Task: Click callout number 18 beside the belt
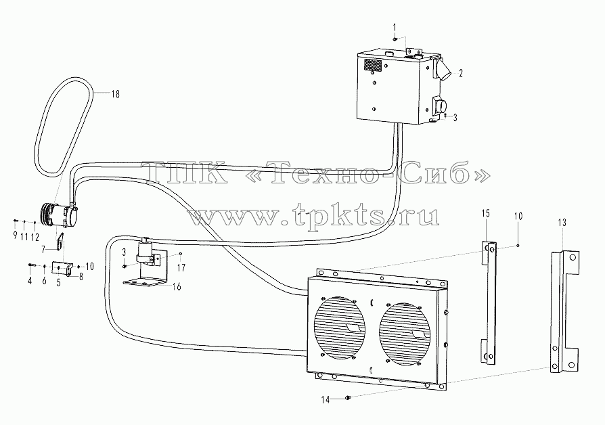(115, 94)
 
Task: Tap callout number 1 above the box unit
(395, 27)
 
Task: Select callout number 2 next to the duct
(461, 73)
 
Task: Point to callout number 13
(562, 223)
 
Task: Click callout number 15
(486, 213)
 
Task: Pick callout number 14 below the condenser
(326, 400)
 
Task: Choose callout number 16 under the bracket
(177, 287)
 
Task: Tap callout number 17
(181, 267)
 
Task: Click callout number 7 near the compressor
(43, 249)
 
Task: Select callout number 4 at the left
(30, 281)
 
